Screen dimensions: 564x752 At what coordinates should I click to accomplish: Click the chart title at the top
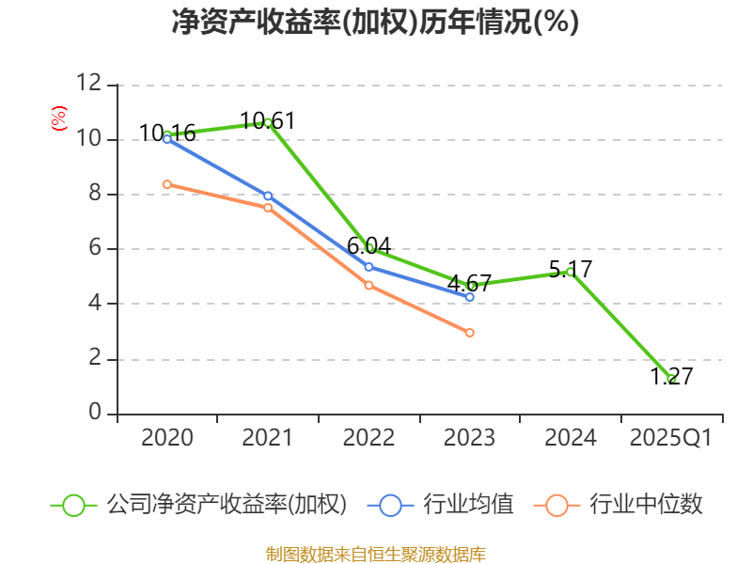coord(375,22)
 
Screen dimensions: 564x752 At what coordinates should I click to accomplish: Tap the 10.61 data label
coord(268,120)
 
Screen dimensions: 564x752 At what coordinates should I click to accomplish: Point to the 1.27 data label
coord(671,377)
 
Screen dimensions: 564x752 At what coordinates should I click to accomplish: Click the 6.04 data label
coord(368,246)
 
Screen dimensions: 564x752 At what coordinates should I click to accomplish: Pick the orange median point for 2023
coord(470,333)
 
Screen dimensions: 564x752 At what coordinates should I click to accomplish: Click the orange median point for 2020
coord(167,184)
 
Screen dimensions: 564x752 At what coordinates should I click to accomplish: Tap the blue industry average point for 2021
coord(268,196)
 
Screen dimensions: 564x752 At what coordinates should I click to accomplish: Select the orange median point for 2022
coord(368,285)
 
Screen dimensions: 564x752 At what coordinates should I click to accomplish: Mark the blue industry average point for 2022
coord(368,267)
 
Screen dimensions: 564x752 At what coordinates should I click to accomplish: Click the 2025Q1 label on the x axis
coord(671,438)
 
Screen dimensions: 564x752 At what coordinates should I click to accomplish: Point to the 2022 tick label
coord(368,438)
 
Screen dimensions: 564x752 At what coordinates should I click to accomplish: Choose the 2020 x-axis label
coord(167,438)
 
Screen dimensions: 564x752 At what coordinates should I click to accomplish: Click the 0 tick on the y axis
coord(95,414)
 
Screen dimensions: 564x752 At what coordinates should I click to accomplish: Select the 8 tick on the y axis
coord(95,195)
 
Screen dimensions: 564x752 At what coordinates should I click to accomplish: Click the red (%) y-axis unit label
coord(58,118)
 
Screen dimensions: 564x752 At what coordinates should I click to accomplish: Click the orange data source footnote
coord(375,554)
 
